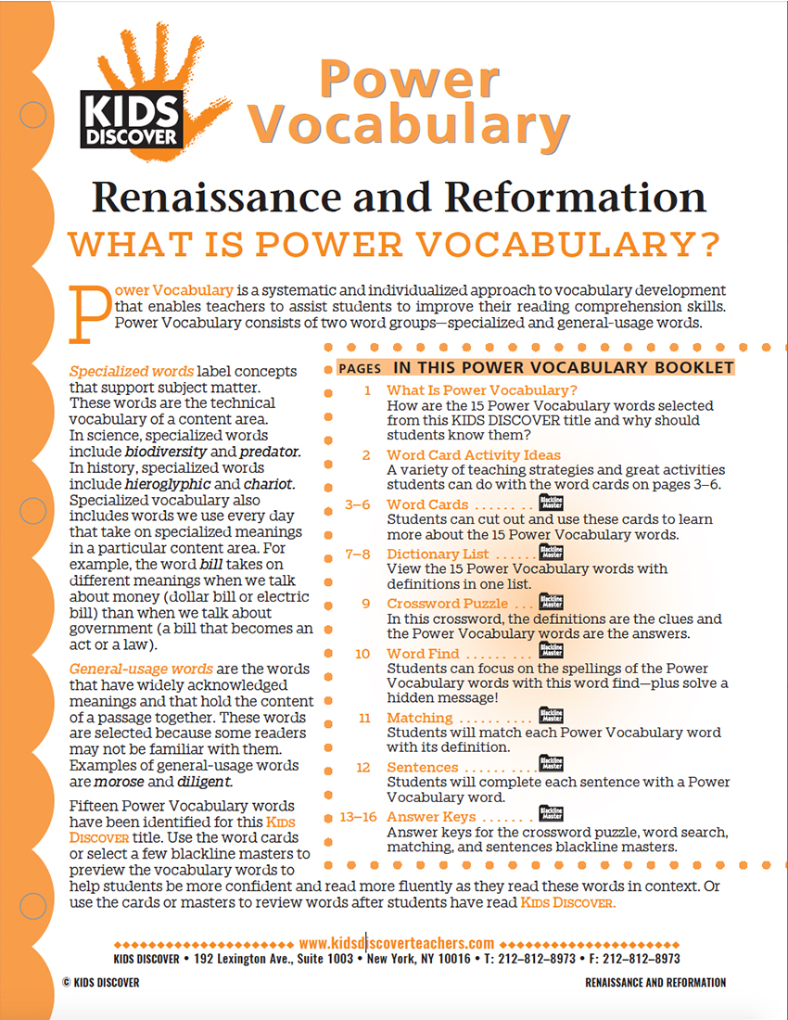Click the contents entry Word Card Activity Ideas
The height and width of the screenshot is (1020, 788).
pyautogui.click(x=473, y=454)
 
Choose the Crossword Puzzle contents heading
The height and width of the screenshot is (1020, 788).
pyautogui.click(x=448, y=604)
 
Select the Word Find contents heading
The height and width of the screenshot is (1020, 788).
pyautogui.click(x=419, y=654)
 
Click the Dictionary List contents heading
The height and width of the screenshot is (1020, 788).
pyautogui.click(x=438, y=555)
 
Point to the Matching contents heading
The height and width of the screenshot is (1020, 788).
pyautogui.click(x=419, y=718)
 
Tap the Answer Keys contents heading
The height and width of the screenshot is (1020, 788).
pyautogui.click(x=431, y=817)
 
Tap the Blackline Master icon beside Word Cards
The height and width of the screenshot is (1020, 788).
pyautogui.click(x=551, y=504)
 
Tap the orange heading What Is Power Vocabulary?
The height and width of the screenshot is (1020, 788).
pyautogui.click(x=394, y=244)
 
